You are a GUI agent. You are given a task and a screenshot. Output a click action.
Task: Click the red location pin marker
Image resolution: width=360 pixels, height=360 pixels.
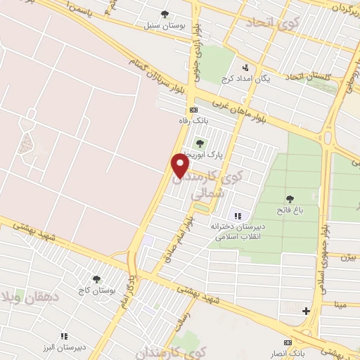[x=181, y=165]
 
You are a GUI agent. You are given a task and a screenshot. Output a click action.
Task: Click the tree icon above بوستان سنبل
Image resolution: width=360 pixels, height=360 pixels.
[x=165, y=13]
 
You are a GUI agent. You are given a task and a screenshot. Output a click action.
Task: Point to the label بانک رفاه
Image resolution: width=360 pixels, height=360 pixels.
[x=195, y=121]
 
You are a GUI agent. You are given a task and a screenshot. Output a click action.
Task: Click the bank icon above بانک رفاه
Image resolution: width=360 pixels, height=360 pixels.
[x=194, y=110]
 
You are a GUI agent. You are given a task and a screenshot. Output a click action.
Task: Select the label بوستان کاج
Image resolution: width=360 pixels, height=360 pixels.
[x=96, y=290]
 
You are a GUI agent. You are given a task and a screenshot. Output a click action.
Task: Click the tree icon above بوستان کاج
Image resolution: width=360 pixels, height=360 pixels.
[x=96, y=279]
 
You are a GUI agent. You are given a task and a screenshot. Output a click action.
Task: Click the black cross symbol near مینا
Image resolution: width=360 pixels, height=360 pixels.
[x=306, y=310]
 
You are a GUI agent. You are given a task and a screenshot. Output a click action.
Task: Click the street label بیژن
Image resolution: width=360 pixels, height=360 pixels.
[x=349, y=257]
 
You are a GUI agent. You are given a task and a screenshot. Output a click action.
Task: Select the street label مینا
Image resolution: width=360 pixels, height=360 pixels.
[x=341, y=304]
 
